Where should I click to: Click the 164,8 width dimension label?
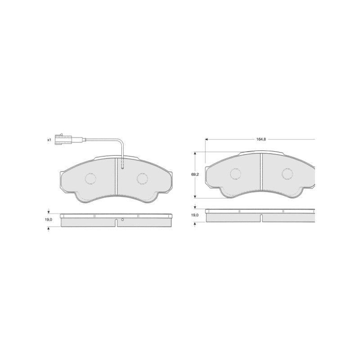click(x=261, y=139)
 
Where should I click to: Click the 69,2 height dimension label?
click(x=195, y=175)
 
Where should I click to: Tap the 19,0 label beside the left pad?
click(x=49, y=220)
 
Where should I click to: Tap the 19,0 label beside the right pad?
click(x=195, y=215)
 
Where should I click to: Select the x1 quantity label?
click(x=49, y=139)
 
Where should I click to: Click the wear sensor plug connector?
click(x=63, y=139)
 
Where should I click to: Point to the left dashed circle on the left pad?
click(x=90, y=178)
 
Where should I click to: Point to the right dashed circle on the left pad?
click(x=142, y=178)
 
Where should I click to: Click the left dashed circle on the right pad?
click(x=235, y=174)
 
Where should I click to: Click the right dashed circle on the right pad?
click(x=288, y=174)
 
